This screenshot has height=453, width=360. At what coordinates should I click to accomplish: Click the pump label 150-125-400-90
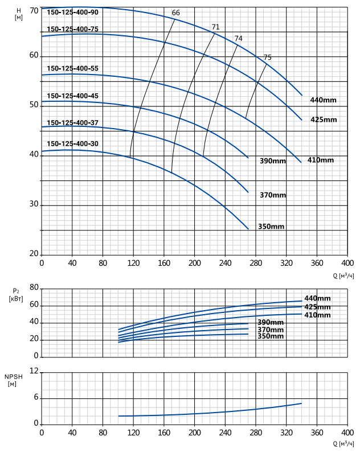(x=72, y=13)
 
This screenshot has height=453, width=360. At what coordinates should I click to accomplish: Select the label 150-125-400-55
(x=72, y=68)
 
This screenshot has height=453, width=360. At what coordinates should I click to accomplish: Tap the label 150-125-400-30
(x=72, y=143)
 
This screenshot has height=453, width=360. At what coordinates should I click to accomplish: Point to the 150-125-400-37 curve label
(x=72, y=123)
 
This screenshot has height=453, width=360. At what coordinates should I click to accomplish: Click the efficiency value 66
(x=176, y=13)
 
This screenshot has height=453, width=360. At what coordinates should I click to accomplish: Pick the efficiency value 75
(x=268, y=57)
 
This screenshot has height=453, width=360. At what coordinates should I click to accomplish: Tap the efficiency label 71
(x=215, y=27)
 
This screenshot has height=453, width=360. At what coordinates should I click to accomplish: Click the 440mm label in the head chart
(x=324, y=100)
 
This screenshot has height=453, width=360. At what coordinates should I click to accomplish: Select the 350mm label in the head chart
(x=271, y=226)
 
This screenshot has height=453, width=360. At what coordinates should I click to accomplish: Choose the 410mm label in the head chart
(x=320, y=160)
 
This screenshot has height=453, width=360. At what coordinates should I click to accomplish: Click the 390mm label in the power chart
(x=271, y=323)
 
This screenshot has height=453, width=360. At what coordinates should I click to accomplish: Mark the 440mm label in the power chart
(x=317, y=298)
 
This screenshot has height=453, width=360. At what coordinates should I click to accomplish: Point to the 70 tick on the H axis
(x=34, y=11)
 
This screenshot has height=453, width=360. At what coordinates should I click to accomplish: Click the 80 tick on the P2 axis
(x=34, y=287)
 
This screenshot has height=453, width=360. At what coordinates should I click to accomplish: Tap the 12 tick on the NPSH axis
(x=34, y=371)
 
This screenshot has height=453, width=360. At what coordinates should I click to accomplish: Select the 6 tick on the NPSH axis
(x=36, y=397)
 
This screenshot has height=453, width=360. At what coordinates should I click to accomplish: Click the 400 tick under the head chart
(x=347, y=263)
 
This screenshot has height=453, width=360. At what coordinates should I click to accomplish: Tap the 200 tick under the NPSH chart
(x=195, y=433)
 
